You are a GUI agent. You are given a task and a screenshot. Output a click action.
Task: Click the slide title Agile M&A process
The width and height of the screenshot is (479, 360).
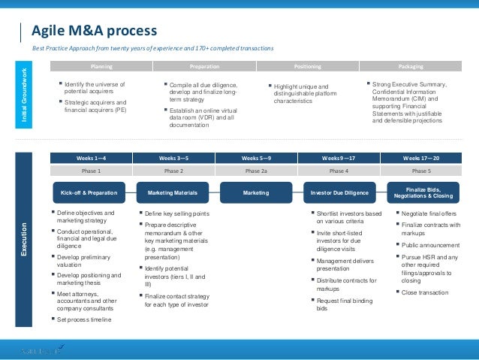pyautogui.click(x=94, y=31)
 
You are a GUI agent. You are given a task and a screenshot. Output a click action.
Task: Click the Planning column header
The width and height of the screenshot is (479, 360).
pyautogui.click(x=101, y=66)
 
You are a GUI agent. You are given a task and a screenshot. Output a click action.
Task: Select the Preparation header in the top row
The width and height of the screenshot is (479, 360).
pyautogui.click(x=205, y=66)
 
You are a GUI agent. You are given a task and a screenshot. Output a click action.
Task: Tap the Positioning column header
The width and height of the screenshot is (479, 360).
pyautogui.click(x=308, y=66)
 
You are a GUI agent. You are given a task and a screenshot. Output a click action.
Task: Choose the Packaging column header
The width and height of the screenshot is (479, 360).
pyautogui.click(x=411, y=66)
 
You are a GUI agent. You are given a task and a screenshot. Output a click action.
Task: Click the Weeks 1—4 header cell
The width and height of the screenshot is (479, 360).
pyautogui.click(x=91, y=159)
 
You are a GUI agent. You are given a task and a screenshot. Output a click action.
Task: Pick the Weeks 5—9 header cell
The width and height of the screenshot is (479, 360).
pyautogui.click(x=257, y=159)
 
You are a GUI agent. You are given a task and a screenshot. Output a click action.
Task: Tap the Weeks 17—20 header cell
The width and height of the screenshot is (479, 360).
pyautogui.click(x=421, y=159)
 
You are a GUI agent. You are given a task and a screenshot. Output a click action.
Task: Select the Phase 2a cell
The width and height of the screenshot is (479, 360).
pyautogui.click(x=257, y=171)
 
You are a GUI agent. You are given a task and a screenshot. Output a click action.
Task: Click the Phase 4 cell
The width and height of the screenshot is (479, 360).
pyautogui.click(x=339, y=171)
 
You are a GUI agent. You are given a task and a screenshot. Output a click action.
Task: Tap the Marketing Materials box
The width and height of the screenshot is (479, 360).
pyautogui.click(x=173, y=193)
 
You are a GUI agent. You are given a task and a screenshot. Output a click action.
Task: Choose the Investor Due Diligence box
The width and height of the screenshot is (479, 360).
pyautogui.click(x=339, y=193)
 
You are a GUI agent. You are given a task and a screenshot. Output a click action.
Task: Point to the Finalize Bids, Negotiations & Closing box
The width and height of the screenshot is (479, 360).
pyautogui.click(x=423, y=192)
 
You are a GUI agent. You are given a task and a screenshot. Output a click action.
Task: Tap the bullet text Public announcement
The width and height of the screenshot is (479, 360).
pyautogui.click(x=430, y=245)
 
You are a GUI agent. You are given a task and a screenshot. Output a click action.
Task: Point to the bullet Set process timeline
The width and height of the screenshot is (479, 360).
pyautogui.click(x=84, y=319)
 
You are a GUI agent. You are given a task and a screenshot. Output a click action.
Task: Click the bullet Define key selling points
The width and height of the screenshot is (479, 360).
pyautogui.click(x=176, y=213)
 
